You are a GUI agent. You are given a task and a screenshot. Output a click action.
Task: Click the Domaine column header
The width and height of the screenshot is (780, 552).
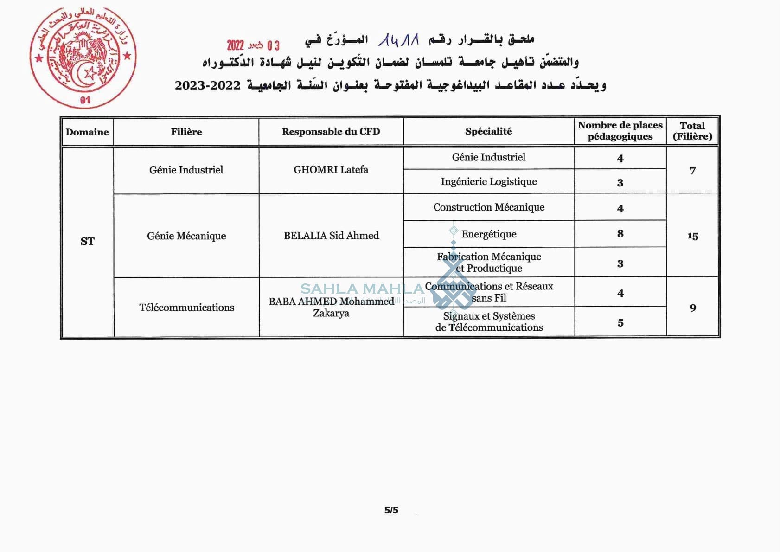tap(87, 132)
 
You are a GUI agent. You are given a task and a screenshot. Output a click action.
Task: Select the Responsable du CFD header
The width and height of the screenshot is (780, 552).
tap(331, 132)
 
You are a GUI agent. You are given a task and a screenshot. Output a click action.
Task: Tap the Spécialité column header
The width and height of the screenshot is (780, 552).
tap(488, 132)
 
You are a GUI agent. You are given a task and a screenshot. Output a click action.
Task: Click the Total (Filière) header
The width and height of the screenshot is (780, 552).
tap(692, 131)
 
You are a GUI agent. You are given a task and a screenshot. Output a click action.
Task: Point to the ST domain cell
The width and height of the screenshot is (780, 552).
tap(87, 241)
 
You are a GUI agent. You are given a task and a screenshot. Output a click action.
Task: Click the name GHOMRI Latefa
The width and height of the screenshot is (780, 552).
tap(331, 170)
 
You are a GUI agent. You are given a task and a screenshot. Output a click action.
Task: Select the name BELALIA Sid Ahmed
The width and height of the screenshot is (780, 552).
tap(331, 236)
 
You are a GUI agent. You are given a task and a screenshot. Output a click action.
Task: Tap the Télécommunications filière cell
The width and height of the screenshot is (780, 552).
tap(186, 308)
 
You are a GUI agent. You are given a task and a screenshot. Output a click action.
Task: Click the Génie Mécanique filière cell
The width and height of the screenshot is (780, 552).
tap(186, 236)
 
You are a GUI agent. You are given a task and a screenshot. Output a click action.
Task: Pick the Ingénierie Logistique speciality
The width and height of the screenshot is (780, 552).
tap(489, 182)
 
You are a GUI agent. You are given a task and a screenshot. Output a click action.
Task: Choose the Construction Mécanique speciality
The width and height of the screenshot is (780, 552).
tap(489, 207)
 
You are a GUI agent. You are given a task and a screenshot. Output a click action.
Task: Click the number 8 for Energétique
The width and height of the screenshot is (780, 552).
tap(620, 234)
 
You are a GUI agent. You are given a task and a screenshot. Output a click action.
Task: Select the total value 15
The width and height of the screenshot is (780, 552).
tap(692, 236)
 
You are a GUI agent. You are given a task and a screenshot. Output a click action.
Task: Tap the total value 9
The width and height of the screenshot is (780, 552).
tap(692, 308)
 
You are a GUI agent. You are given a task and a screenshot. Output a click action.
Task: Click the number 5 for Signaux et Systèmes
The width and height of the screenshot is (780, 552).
tap(620, 323)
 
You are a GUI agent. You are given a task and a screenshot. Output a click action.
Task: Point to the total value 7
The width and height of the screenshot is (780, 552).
tap(692, 171)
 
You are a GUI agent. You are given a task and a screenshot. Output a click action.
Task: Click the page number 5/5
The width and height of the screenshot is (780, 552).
tap(391, 510)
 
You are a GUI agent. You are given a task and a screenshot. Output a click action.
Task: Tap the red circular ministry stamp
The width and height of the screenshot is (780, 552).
tap(83, 58)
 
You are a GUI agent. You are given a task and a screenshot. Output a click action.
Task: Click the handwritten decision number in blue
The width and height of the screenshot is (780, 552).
tap(398, 40)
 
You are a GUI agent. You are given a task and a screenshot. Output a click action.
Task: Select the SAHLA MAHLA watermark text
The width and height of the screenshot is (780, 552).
tap(362, 289)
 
